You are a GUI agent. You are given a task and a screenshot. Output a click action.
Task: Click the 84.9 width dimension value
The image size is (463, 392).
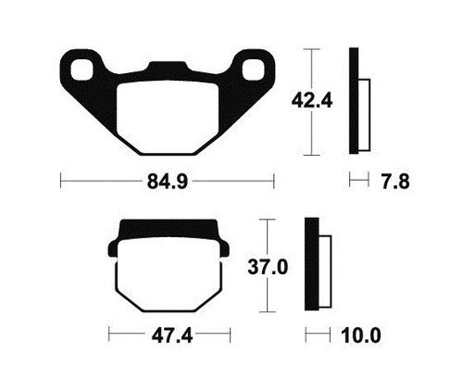(168, 182)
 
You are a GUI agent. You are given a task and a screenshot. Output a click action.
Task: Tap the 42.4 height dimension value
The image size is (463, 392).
(312, 101)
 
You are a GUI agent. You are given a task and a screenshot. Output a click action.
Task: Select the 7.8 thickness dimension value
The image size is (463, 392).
(395, 182)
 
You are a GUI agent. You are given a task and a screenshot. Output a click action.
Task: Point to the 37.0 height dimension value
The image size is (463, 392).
(268, 267)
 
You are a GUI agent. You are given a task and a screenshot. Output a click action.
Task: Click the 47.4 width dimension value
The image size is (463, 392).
(172, 335)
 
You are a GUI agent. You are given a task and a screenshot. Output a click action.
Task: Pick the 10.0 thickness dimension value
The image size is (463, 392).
(361, 335)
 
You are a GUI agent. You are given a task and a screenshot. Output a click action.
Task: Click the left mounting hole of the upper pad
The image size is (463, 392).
(81, 70)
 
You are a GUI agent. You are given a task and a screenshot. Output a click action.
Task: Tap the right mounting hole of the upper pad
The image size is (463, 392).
(254, 70)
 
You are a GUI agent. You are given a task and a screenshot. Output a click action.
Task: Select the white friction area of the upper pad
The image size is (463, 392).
(168, 118)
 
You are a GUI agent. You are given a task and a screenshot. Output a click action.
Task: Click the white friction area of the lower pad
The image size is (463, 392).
(169, 275)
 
